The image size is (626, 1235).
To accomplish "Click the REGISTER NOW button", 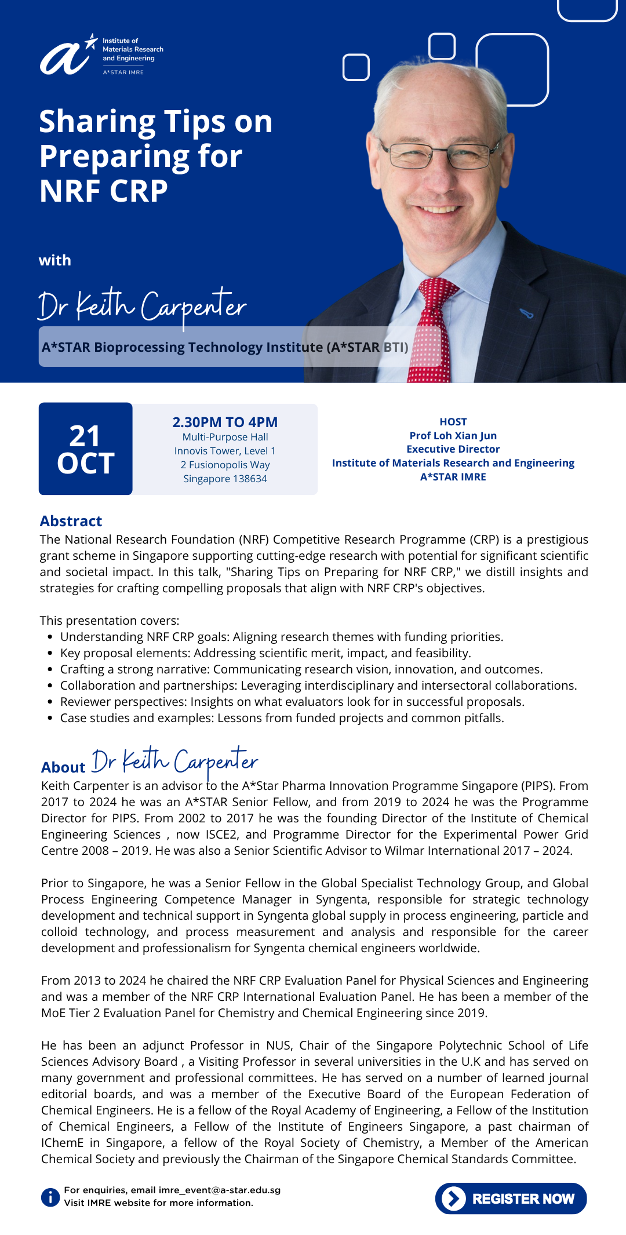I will [511, 1198].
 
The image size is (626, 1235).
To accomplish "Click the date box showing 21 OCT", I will [86, 449].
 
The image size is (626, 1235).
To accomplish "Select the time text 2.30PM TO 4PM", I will [225, 422].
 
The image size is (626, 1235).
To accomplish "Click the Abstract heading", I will [71, 521].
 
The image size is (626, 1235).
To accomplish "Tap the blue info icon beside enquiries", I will [50, 1197].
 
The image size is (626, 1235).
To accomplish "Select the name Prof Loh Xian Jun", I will [453, 435].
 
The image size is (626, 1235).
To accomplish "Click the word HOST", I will [453, 422].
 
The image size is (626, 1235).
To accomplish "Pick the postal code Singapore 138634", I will [225, 479].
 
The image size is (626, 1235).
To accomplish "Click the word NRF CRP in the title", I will [104, 191].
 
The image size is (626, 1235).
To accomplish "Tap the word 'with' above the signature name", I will [55, 260].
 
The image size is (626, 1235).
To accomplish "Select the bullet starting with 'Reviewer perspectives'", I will [292, 702].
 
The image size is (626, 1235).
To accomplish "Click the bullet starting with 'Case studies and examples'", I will [282, 718].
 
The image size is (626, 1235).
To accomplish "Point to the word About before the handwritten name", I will [63, 767].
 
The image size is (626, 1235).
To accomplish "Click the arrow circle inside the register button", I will [454, 1198].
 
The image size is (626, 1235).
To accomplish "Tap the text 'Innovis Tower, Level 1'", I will [225, 451].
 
